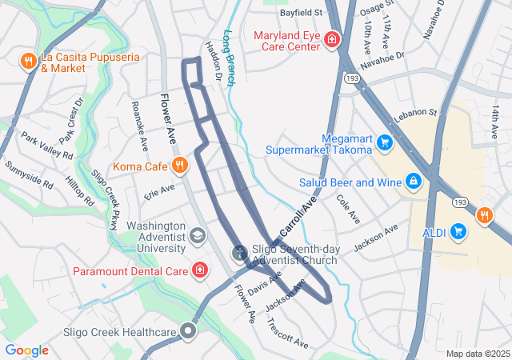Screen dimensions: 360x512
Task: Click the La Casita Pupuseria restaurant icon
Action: tap(27, 60)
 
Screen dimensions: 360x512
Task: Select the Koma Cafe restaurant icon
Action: tap(180, 166)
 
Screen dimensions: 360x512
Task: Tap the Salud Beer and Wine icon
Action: tap(414, 182)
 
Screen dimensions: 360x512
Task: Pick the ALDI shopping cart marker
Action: tap(458, 232)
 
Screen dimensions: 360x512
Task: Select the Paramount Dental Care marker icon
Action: tap(199, 271)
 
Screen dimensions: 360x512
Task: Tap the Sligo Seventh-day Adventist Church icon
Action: tap(239, 254)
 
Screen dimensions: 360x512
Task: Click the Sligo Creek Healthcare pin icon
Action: tap(189, 331)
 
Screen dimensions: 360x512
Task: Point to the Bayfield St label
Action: tap(300, 13)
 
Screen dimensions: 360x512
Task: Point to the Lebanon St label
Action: tap(414, 114)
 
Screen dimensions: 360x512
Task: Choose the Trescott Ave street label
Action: tap(287, 332)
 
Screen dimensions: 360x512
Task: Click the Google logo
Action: tap(26, 350)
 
